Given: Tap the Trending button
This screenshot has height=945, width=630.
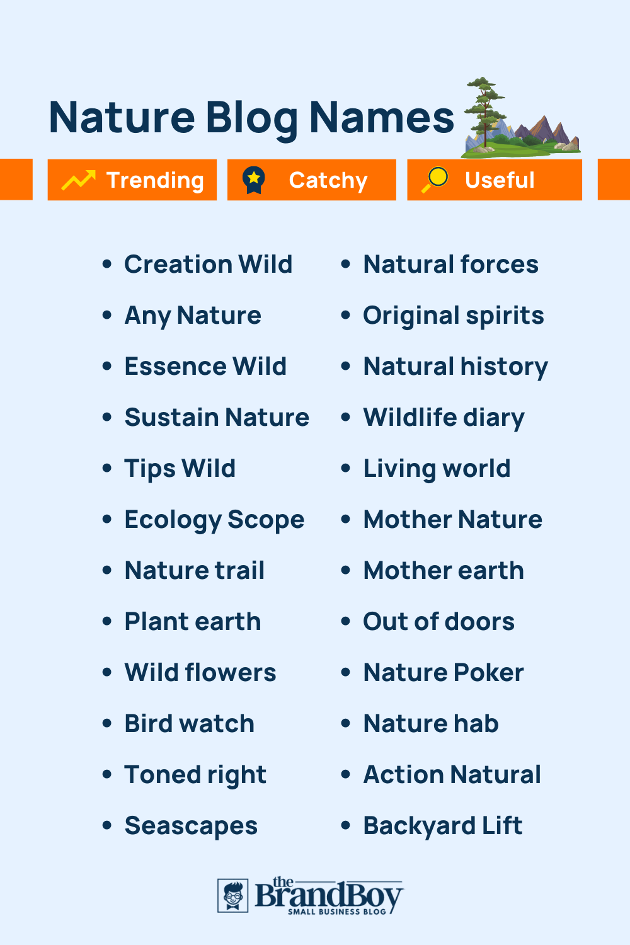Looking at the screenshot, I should coord(132,180).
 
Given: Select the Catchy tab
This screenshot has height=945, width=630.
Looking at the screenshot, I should coord(312,180).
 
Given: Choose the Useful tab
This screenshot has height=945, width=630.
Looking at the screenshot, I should coord(495,180).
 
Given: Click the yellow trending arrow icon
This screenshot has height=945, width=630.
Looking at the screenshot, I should coord(78,180).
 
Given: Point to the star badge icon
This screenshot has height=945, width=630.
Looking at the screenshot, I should coord(254,180).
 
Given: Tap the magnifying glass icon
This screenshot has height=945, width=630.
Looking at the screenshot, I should coord(435,180).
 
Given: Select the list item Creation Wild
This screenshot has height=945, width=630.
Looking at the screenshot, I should coord(208,265).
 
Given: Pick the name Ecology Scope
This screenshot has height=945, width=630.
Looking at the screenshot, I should coord(214,520).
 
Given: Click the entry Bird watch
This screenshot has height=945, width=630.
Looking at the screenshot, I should coord(189,724).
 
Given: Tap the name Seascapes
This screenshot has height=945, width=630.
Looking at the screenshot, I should coord(191,826).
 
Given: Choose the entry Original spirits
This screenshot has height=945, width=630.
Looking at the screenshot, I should coord(454,316).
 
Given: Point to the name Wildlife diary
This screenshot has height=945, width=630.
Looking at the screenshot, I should coord(444,418).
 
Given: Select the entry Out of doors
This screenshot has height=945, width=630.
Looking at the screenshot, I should coord(439,622).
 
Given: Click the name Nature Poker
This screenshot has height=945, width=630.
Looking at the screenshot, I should coord(444,673).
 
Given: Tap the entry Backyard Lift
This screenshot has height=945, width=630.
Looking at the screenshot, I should coord(443,826).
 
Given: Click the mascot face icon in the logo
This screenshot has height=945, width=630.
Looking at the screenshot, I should coord(233,895).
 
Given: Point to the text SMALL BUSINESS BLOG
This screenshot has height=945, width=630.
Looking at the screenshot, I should coord(337,912).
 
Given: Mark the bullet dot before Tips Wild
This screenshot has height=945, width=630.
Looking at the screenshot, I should coord(107,468).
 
